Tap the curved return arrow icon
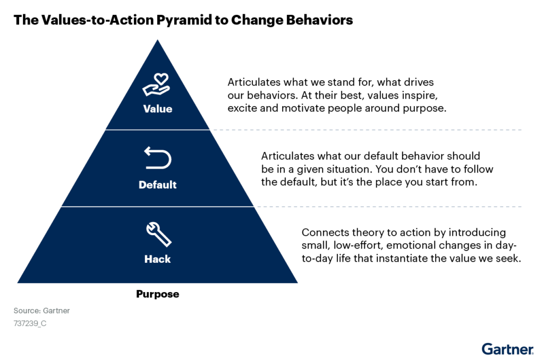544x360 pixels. point(158,158)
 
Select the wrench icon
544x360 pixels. point(158,234)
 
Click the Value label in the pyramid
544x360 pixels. point(157,109)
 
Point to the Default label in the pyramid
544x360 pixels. point(157,184)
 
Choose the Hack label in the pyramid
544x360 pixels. point(157,259)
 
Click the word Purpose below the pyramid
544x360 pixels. point(157,294)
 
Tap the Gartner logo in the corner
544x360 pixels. point(507,349)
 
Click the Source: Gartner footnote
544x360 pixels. point(41,311)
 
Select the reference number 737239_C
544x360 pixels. point(30,323)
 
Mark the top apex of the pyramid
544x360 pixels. point(157,40)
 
